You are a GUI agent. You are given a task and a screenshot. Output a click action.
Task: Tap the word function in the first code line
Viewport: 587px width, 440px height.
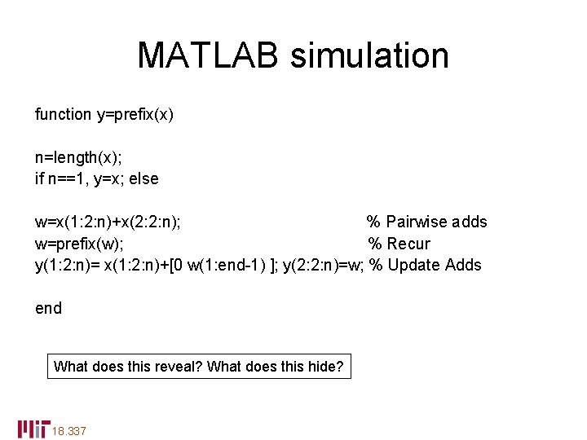coord(63,114)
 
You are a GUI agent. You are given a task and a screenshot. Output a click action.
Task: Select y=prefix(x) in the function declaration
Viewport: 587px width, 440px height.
coord(135,114)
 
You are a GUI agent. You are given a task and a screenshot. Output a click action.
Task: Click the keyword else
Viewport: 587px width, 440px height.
coord(143,178)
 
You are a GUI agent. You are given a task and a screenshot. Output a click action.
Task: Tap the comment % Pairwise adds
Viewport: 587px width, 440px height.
coord(426,222)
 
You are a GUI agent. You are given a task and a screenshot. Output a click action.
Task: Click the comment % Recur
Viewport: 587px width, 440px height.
coord(399,243)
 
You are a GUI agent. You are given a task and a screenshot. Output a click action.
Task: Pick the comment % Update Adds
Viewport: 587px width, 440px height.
coord(425,265)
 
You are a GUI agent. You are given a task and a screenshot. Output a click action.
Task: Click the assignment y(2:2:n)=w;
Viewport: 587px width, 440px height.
coord(323,265)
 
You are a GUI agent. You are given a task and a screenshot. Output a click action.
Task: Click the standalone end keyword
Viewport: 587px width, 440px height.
coord(48,308)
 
